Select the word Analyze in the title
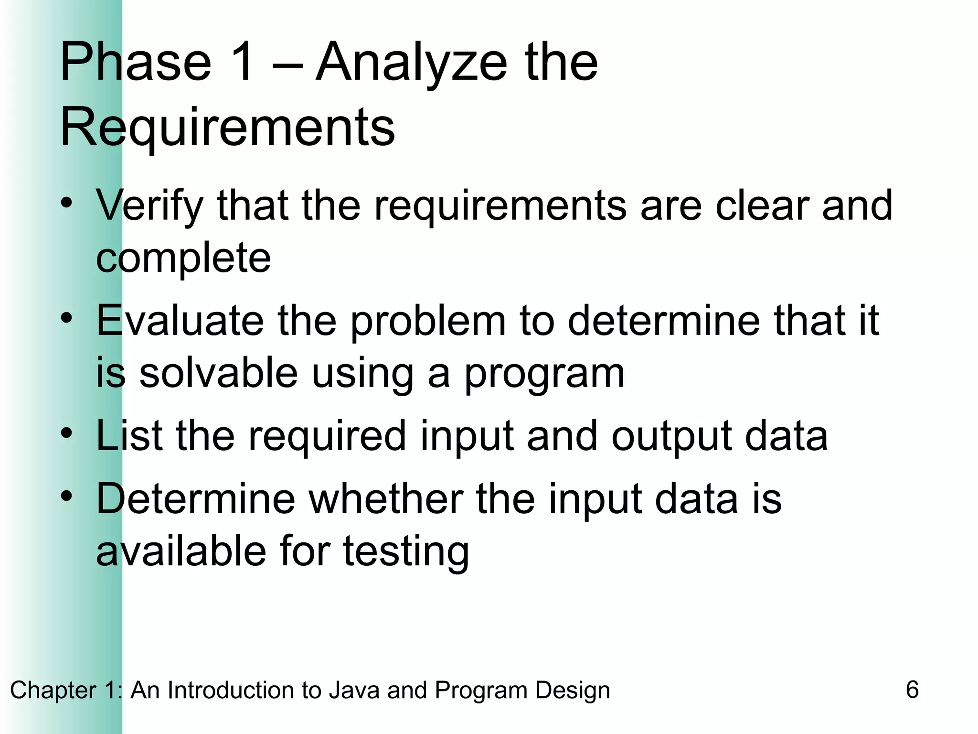pos(411,65)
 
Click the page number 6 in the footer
pos(912,690)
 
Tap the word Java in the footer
pos(354,691)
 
